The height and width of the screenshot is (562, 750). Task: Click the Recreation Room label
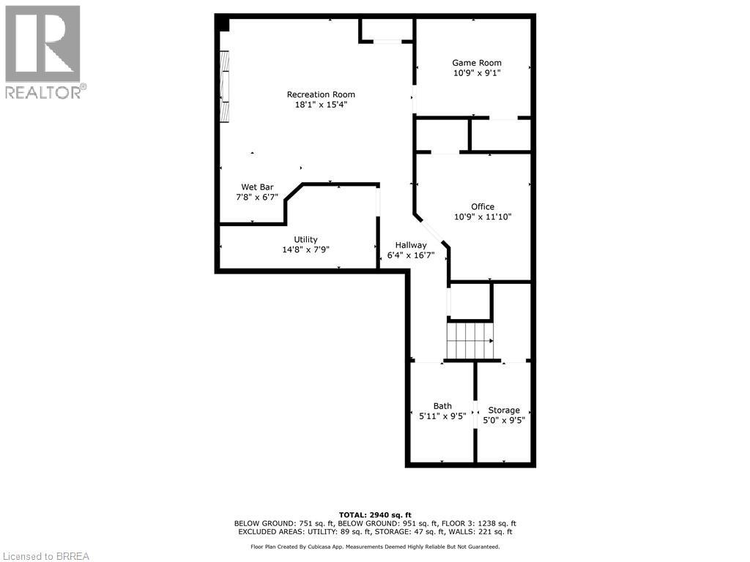(321, 94)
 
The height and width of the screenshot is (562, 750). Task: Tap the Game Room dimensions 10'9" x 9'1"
(476, 73)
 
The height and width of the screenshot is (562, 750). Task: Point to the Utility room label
(305, 239)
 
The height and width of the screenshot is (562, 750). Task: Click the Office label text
(483, 206)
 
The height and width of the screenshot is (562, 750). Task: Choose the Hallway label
(411, 245)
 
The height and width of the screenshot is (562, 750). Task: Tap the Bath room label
(442, 406)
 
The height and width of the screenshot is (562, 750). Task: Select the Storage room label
(504, 410)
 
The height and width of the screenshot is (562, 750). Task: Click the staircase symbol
(469, 340)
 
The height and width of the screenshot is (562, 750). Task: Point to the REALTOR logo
(43, 52)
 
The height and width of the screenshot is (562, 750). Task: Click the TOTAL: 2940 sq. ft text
(375, 514)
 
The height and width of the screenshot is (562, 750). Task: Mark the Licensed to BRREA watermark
(45, 556)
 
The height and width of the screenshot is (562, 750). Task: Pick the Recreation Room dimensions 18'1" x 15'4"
(321, 105)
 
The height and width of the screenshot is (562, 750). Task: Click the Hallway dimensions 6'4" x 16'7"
(411, 255)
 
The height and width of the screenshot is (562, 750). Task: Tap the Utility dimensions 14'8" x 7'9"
(305, 250)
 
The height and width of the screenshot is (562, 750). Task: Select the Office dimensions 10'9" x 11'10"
(483, 217)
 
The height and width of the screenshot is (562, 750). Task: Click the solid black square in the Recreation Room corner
(223, 24)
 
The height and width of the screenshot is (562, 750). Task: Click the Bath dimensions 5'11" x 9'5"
(442, 416)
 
